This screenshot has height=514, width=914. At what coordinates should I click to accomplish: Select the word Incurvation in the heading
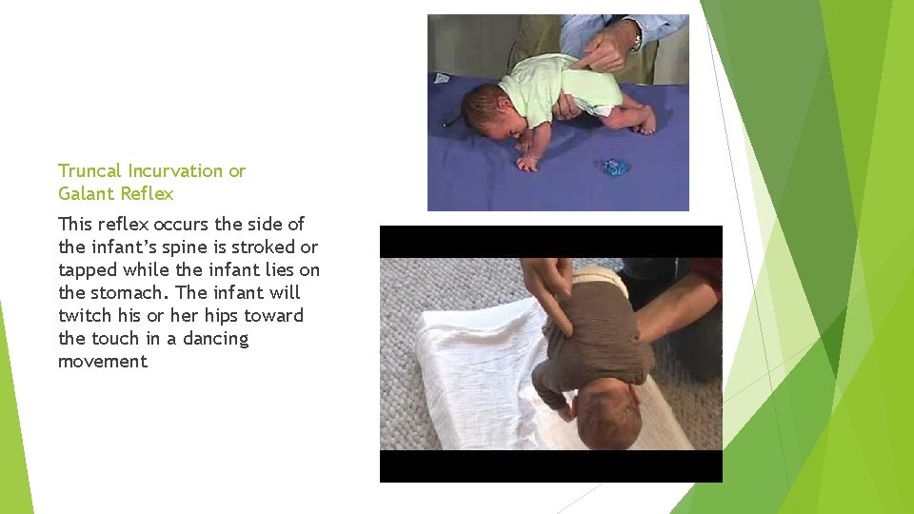[176, 171]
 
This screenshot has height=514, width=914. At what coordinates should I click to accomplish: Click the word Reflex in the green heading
[148, 194]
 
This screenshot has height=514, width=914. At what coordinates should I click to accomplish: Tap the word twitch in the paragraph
[83, 316]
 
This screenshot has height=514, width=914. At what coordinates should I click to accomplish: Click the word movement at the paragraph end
[103, 362]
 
